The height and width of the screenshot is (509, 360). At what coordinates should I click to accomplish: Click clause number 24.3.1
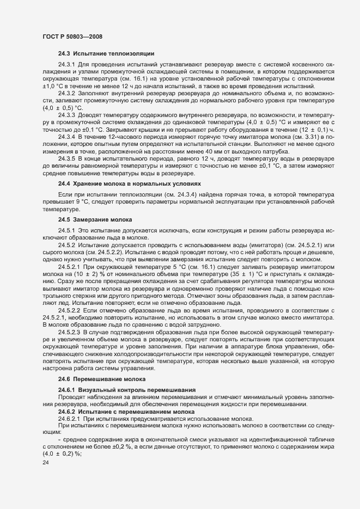pos(66,65)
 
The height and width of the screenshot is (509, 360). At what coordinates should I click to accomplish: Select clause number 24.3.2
pos(66,94)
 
